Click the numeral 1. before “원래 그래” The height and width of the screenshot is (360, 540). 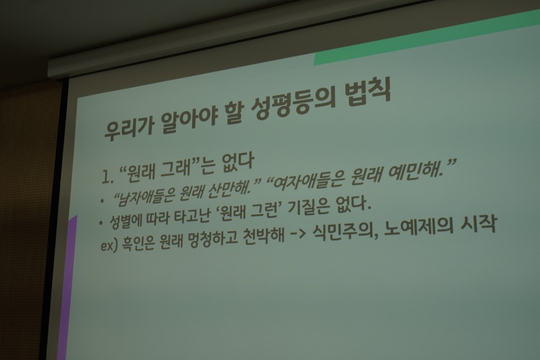point(107,177)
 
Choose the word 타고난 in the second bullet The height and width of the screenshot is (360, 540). point(192,214)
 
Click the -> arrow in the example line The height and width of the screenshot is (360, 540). point(298,236)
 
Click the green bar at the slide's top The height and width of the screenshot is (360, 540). point(427,37)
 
